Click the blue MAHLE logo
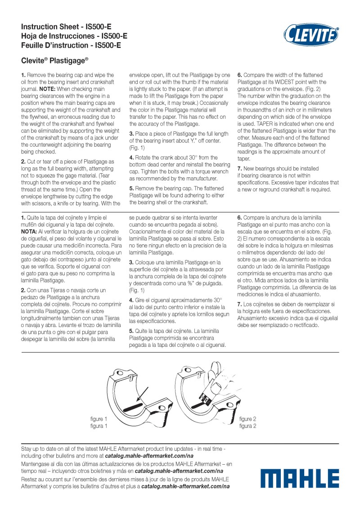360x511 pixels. [300, 478]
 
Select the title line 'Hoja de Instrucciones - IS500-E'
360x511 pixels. [74, 36]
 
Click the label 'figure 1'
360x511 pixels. [99, 419]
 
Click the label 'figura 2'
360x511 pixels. [248, 426]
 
